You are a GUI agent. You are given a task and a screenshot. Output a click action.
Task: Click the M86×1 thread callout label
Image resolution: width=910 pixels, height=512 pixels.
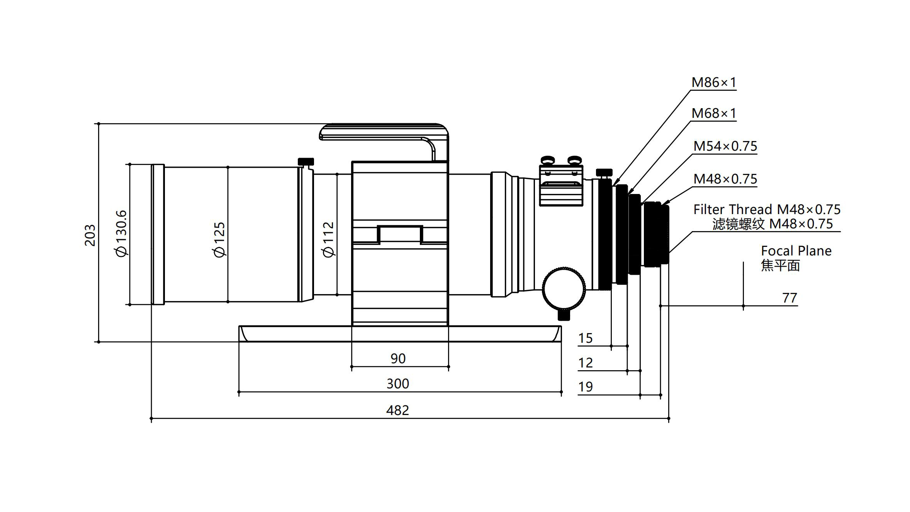coord(714,82)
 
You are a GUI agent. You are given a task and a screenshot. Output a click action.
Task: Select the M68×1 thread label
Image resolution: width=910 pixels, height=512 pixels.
coord(714,113)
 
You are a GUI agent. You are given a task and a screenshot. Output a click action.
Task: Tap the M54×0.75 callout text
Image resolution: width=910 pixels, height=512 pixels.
coord(725,146)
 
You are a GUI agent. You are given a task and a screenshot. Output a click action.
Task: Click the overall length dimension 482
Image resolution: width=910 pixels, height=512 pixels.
coord(397,410)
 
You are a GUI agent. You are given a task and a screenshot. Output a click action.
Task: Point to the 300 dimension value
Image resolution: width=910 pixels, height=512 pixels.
coord(398,384)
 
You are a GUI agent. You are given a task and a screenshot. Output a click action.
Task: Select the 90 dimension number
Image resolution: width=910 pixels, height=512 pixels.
coord(398,359)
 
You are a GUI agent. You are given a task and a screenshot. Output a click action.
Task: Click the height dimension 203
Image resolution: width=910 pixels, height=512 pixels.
coord(90,235)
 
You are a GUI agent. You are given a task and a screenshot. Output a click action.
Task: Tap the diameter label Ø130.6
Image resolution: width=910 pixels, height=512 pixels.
coord(121,233)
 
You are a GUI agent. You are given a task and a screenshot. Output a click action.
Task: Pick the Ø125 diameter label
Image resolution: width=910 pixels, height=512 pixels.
coord(219,240)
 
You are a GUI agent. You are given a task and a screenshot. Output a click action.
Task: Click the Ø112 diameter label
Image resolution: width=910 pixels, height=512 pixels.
coord(328,240)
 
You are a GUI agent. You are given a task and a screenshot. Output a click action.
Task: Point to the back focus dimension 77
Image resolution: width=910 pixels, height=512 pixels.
coord(789,298)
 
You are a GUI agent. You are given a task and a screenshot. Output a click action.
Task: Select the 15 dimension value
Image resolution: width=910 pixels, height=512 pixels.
coord(586,338)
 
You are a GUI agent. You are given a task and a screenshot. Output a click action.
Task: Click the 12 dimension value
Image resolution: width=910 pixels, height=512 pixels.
coord(586,363)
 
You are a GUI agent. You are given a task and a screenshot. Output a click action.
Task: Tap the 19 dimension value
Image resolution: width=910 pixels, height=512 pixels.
coord(586,387)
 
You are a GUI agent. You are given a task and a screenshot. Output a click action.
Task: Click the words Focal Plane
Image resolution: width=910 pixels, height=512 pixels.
coord(796,251)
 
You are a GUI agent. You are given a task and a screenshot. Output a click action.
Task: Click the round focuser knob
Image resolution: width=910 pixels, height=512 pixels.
coord(564,288)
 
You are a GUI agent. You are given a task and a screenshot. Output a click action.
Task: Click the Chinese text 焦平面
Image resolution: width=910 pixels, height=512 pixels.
coord(780,265)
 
